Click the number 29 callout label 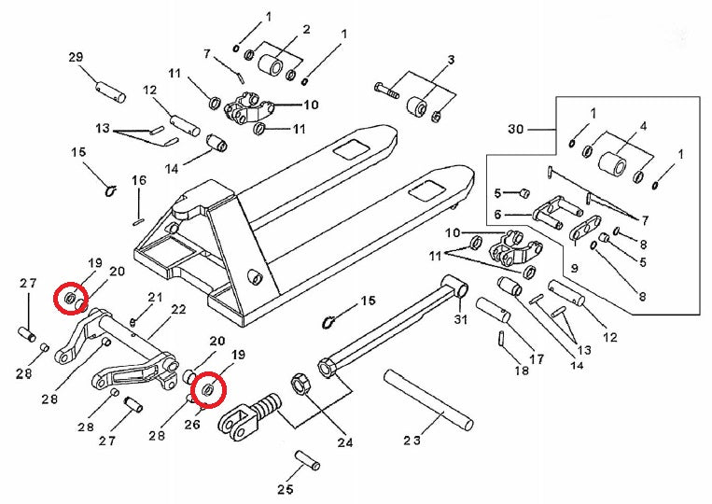pos(77,58)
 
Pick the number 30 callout pos(517,128)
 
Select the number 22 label pos(178,309)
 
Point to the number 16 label pos(138,180)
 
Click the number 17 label pos(536,358)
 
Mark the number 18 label pos(522,370)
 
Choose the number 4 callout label pos(643,125)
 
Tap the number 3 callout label pos(450,61)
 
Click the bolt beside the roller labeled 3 pos(384,91)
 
